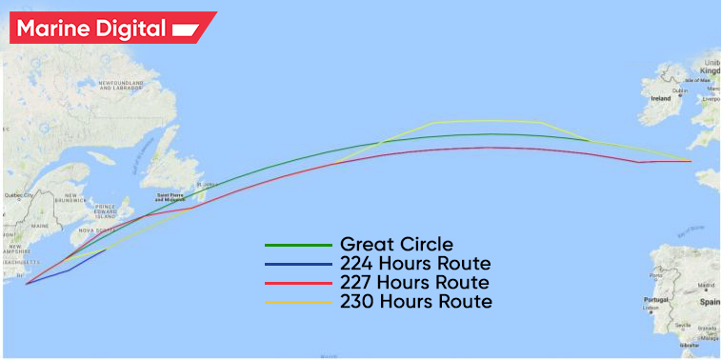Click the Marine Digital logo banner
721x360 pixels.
[110, 28]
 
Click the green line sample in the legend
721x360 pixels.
[298, 245]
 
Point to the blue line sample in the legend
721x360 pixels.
[298, 264]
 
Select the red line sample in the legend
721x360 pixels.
[298, 283]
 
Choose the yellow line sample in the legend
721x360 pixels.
[298, 303]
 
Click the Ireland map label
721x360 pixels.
[660, 97]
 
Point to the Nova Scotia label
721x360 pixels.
[98, 230]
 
